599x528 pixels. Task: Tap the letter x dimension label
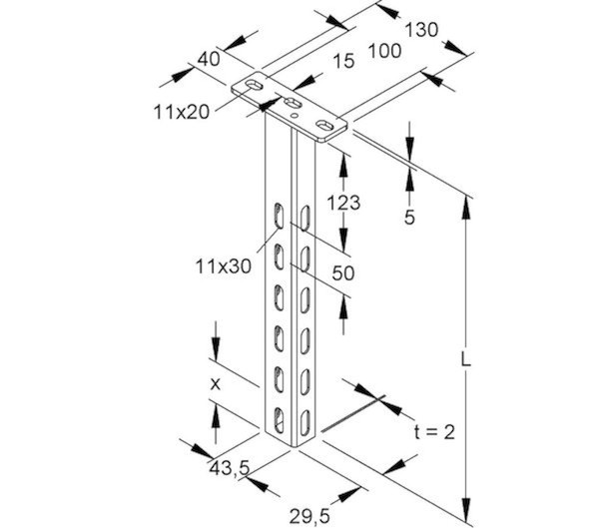pos(213,380)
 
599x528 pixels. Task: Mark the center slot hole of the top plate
pos(294,104)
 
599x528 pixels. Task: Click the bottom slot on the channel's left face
pos(277,413)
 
